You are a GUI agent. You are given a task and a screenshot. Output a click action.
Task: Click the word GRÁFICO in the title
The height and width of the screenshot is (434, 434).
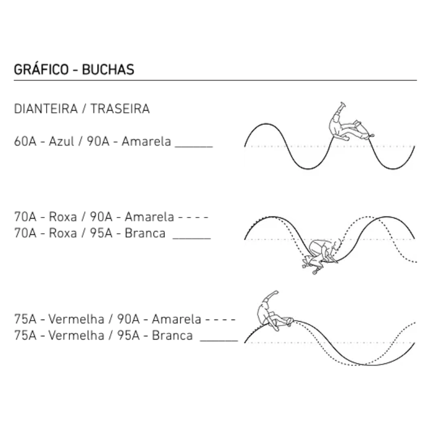[x=41, y=69]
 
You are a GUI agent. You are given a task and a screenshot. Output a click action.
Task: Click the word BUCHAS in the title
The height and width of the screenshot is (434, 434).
[x=108, y=69]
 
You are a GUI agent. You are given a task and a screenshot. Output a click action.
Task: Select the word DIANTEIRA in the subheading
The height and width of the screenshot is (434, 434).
[x=46, y=109]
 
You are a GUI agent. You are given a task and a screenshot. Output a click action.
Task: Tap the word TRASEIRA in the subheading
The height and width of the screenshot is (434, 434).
[x=120, y=109]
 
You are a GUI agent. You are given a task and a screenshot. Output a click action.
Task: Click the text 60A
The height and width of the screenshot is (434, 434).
[x=25, y=142]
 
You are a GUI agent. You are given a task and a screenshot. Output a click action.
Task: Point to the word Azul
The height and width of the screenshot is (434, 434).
[x=61, y=142]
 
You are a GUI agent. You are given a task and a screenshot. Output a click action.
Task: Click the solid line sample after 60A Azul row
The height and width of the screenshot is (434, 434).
[x=194, y=147]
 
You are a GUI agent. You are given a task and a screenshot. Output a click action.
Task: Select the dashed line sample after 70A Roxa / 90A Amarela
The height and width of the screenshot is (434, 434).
[x=193, y=218]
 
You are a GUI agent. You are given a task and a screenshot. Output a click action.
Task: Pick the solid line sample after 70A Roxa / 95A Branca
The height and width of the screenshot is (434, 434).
[x=192, y=238]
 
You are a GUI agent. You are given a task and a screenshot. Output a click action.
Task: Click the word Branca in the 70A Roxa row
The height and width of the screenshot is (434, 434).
[x=145, y=233]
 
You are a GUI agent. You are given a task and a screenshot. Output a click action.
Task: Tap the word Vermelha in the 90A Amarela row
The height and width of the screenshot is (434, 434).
[x=76, y=319]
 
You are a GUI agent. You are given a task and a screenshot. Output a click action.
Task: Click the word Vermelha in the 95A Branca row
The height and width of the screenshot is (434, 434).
[x=76, y=335]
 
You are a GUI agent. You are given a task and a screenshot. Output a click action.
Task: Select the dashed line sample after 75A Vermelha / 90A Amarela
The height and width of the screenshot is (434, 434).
[x=220, y=320]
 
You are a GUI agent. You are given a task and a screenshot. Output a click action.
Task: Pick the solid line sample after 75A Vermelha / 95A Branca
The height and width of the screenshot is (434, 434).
[x=219, y=341]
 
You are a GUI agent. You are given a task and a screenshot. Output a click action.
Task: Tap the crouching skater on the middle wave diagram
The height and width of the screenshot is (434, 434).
[x=321, y=256]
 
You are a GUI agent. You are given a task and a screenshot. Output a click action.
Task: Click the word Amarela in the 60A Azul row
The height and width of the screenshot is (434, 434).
[x=146, y=142]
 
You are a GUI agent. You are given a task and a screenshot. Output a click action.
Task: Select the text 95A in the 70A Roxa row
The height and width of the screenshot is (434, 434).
[x=101, y=233]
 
